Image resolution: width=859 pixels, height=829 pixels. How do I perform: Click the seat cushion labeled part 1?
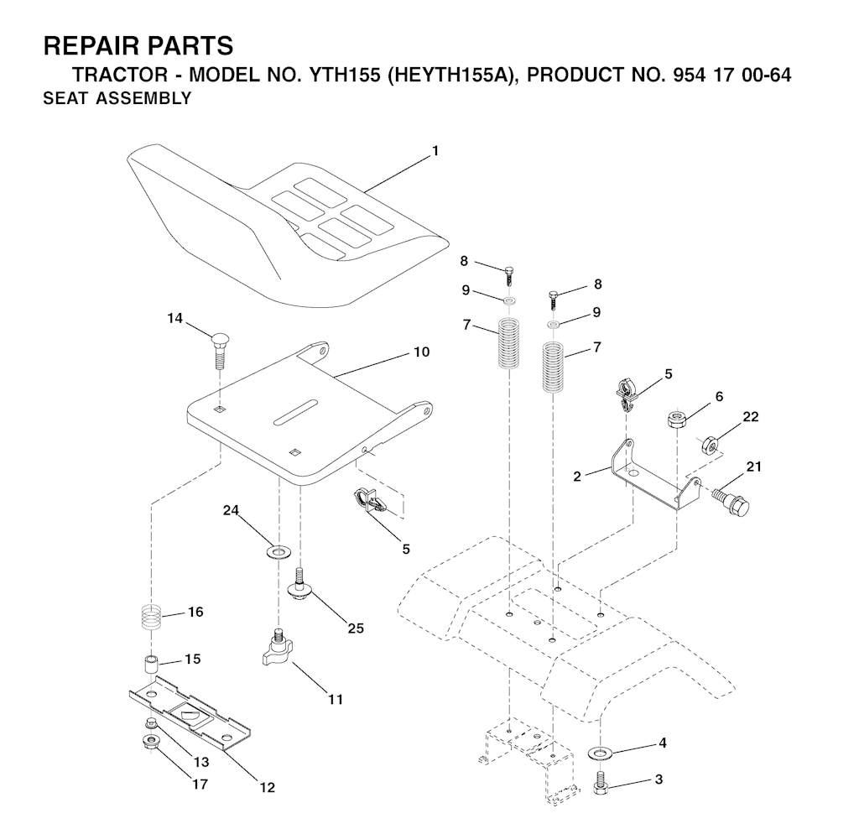click(285, 225)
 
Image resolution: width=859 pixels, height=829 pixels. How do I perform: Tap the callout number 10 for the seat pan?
click(421, 352)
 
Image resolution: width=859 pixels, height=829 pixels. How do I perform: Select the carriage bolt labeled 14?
click(219, 350)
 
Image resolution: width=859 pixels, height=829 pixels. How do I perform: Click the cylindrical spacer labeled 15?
click(150, 666)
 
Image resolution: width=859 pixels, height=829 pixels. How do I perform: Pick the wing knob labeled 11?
click(279, 648)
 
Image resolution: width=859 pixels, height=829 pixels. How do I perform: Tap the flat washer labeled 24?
click(279, 551)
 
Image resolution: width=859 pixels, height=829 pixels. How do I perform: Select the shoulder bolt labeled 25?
click(299, 584)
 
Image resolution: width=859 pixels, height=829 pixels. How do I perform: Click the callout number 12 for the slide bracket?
click(267, 787)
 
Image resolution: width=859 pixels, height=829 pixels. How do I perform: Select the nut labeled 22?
click(710, 444)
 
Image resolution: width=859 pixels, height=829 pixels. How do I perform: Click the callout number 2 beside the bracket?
click(577, 476)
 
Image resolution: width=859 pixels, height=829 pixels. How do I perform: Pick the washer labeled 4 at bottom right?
click(601, 753)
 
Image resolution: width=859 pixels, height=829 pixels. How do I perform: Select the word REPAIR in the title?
click(91, 45)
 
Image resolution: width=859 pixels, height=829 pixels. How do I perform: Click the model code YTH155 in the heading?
click(345, 75)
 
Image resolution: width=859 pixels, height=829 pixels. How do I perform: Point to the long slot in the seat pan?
click(296, 411)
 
